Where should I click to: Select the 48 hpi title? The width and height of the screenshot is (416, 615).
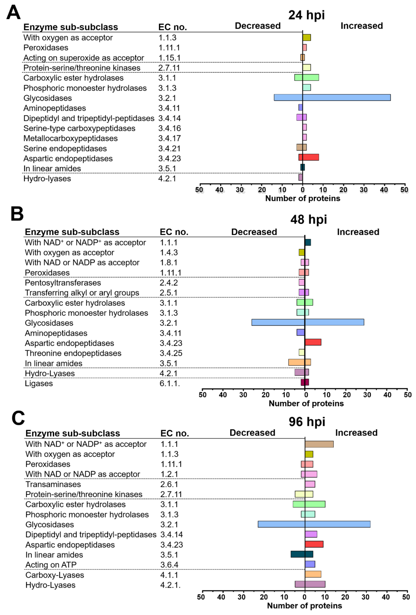tap(308, 219)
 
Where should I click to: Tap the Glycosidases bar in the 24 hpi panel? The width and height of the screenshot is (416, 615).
tap(332, 98)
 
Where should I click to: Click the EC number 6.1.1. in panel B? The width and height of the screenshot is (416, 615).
tap(170, 383)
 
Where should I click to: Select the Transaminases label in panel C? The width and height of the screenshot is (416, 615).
tap(53, 484)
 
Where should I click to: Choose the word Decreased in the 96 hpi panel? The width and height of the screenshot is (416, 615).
tap(252, 433)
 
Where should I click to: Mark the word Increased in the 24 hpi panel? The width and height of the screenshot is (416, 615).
tap(362, 26)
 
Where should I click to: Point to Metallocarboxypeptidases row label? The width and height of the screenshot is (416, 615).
tap(70, 138)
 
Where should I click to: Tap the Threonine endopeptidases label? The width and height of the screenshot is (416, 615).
tap(73, 353)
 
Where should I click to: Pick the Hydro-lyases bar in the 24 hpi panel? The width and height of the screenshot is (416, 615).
tap(300, 177)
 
